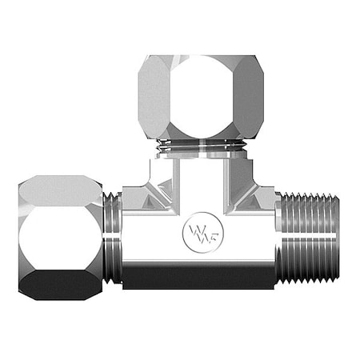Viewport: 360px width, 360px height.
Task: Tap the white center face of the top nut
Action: click(200, 94)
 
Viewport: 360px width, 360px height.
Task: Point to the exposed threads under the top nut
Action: click(200, 146)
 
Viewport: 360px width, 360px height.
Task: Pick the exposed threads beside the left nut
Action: click(112, 238)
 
